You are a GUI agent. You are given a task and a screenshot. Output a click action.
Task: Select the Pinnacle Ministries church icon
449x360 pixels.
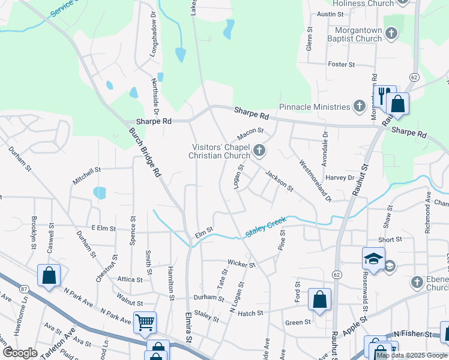pyautogui.click(x=359, y=107)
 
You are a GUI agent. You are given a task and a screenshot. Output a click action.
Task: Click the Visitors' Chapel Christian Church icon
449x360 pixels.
pyautogui.click(x=259, y=149)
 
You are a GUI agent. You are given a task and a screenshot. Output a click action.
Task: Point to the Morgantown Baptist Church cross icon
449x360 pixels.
pyautogui.click(x=391, y=33)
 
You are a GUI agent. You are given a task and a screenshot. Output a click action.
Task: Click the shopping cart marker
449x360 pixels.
pyautogui.click(x=145, y=322)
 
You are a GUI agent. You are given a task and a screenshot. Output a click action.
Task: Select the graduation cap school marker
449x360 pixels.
pyautogui.click(x=373, y=259)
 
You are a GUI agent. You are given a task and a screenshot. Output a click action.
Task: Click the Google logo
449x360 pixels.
pyautogui.click(x=20, y=353)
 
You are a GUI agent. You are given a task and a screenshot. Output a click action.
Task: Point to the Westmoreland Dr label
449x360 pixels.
pyautogui.click(x=315, y=180)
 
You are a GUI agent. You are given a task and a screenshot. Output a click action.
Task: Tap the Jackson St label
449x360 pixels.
pyautogui.click(x=279, y=180)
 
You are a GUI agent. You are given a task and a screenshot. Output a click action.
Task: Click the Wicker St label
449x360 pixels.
pyautogui.click(x=241, y=263)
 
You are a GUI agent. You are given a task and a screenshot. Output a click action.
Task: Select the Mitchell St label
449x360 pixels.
pyautogui.click(x=86, y=173)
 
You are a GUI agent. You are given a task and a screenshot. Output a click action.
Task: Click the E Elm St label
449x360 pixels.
pyautogui.click(x=103, y=228)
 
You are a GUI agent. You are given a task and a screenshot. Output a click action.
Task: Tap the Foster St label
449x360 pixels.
pyautogui.click(x=342, y=64)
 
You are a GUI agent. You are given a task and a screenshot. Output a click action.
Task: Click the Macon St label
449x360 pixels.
pyautogui.click(x=251, y=130)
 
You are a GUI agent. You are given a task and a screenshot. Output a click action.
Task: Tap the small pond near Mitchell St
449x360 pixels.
pyautogui.click(x=100, y=193)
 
